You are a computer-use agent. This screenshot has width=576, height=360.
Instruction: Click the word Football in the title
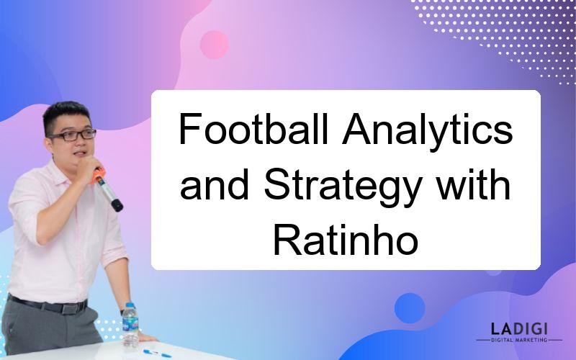tap(253, 130)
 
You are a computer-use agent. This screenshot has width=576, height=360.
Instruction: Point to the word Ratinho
tap(346, 240)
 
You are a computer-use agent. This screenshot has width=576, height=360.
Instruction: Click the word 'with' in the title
tap(473, 184)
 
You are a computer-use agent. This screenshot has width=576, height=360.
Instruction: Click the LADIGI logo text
tap(519, 328)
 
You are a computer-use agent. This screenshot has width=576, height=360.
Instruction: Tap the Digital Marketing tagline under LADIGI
tap(519, 340)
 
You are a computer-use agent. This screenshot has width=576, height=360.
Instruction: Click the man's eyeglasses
tap(73, 135)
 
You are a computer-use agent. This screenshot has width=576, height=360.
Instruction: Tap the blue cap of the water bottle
tap(130, 305)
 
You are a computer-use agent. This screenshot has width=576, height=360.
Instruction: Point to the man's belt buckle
tap(70, 308)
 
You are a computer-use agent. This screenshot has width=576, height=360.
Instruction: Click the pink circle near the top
tap(214, 45)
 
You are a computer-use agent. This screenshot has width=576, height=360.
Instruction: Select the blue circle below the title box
tap(410, 308)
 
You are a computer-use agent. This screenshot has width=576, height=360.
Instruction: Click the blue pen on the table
tap(157, 354)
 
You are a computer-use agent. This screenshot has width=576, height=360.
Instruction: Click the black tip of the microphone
tap(117, 205)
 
